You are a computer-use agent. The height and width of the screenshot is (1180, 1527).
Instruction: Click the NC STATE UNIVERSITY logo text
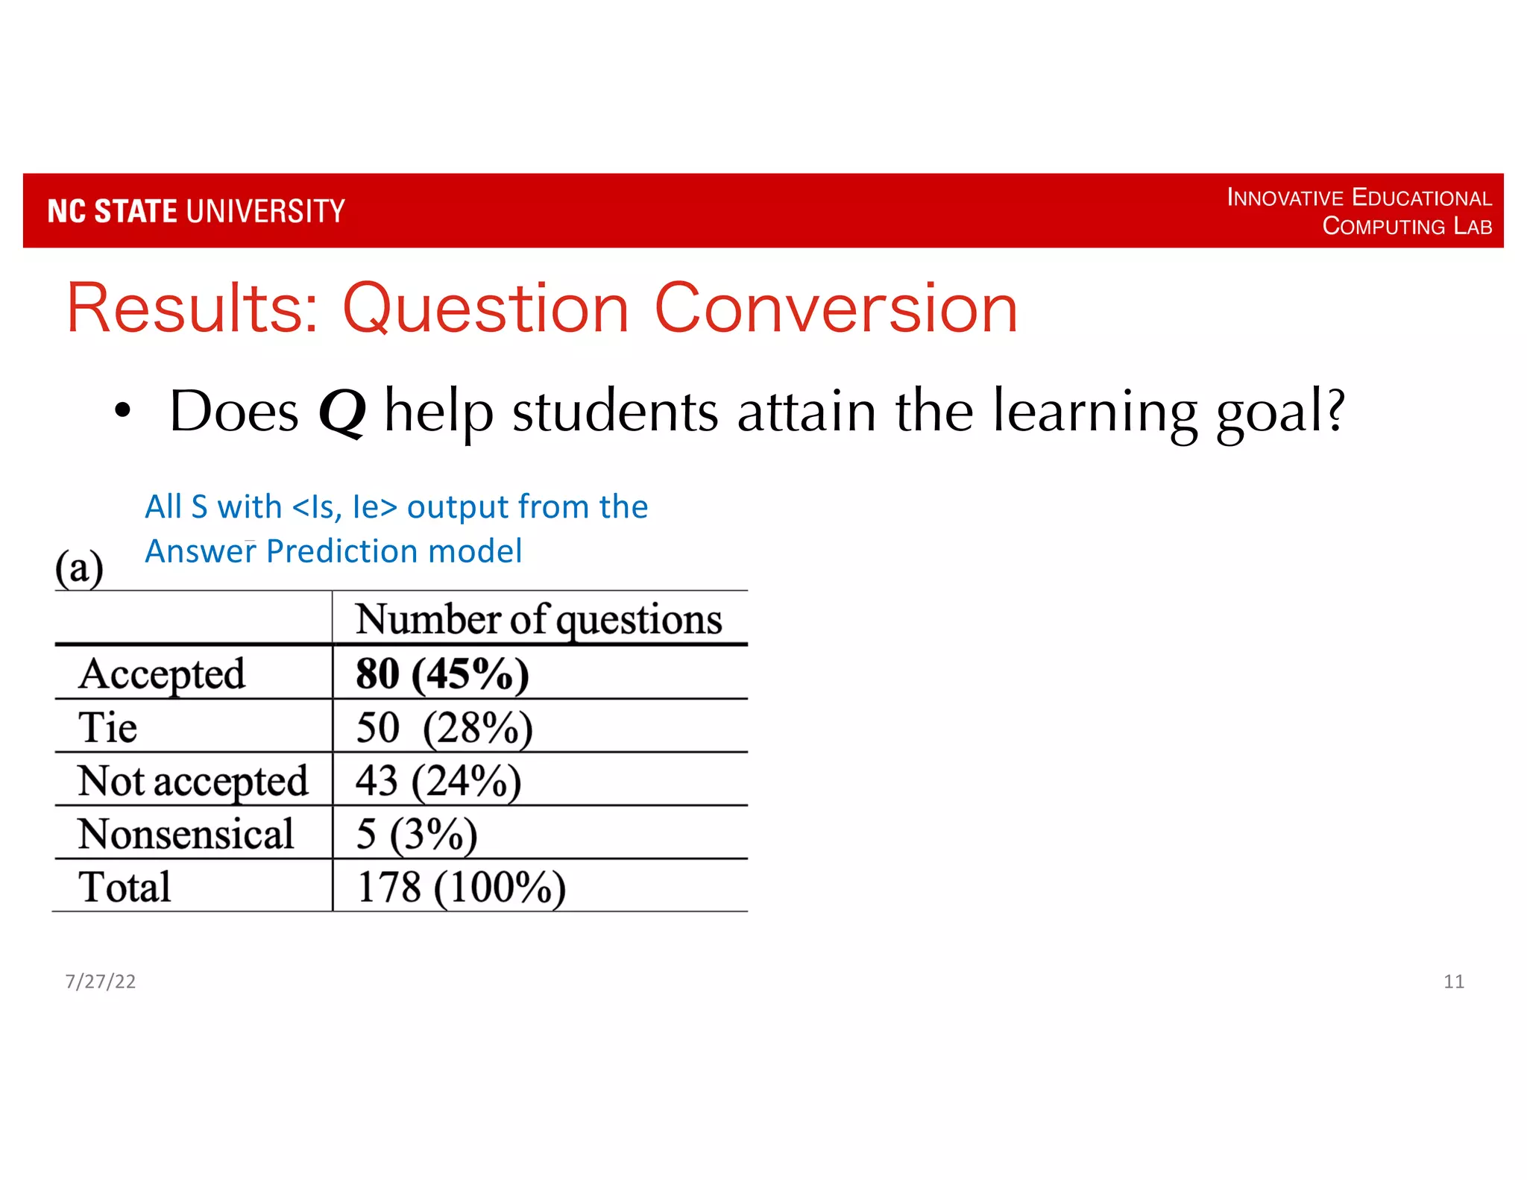point(196,211)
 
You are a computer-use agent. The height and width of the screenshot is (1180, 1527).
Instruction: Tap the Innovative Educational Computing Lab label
point(1359,211)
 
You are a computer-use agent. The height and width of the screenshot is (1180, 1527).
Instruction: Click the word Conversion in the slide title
point(836,308)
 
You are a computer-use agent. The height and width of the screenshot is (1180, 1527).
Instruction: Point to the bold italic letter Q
point(342,412)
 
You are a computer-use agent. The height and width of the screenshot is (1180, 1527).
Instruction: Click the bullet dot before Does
point(122,409)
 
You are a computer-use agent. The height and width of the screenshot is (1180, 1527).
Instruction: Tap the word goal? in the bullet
point(1280,412)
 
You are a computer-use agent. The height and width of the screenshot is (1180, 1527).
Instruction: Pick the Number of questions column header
point(538,619)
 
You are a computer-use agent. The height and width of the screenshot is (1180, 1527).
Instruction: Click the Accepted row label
point(162,674)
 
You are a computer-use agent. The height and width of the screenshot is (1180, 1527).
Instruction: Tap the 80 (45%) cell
point(442,674)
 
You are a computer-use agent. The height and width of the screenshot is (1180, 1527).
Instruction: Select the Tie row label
point(108,727)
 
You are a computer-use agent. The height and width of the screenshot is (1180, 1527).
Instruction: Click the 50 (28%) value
point(444,727)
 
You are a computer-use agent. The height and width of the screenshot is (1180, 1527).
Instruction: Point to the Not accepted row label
point(192,781)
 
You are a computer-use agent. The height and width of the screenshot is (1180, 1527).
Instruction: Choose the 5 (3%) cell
point(416,834)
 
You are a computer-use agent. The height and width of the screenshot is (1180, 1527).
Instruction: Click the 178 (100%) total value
point(461,887)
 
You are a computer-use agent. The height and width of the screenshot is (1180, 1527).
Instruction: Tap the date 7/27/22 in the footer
point(101,982)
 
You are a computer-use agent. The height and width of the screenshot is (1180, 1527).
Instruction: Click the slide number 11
point(1453,982)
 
